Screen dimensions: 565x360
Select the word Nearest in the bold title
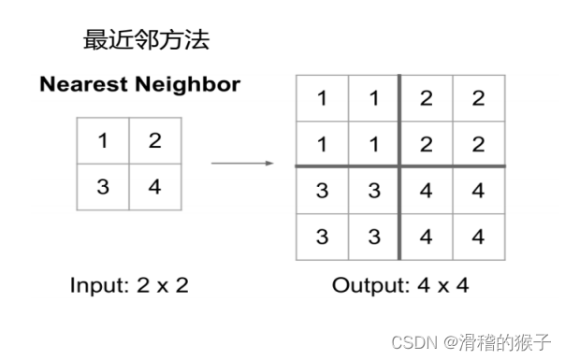click(81, 85)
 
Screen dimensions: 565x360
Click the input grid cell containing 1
click(102, 141)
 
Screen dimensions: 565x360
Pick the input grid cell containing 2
click(154, 141)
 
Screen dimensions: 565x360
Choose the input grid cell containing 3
click(102, 186)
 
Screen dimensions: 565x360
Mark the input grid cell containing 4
click(154, 186)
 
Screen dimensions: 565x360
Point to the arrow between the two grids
click(241, 164)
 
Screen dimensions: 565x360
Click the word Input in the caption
click(97, 285)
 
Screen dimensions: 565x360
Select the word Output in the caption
click(367, 285)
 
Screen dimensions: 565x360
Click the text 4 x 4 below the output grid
click(441, 285)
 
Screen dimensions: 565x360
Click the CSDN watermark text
click(410, 342)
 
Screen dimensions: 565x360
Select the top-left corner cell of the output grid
click(323, 98)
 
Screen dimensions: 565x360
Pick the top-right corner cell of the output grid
click(478, 98)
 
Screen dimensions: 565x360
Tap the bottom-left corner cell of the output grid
click(323, 237)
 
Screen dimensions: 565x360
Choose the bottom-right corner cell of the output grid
click(478, 237)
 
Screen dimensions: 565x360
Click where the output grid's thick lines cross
click(400, 166)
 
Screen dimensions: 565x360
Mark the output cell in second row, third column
click(427, 144)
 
